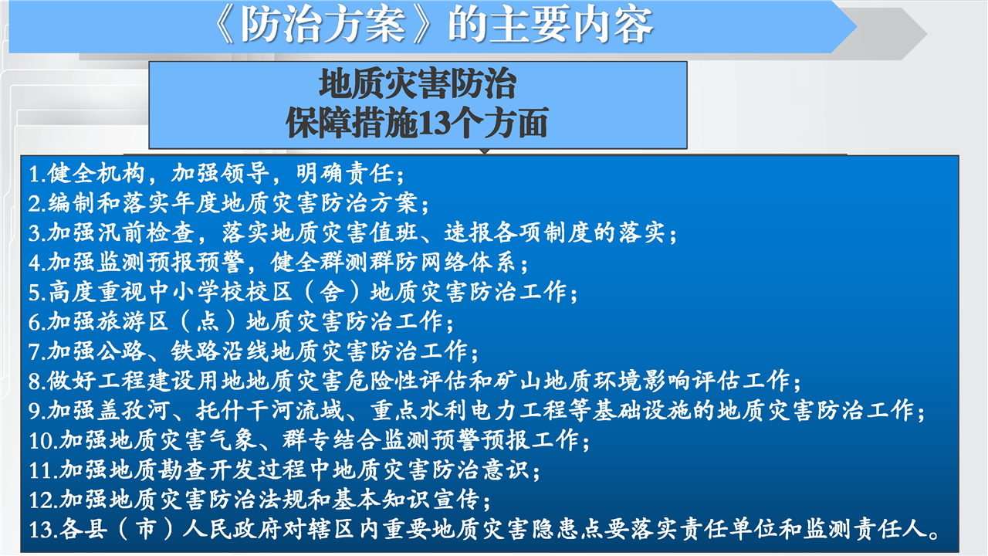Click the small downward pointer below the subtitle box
(x=484, y=151)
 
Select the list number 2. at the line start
(x=38, y=203)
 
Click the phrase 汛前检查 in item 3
(x=146, y=232)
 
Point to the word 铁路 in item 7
(x=195, y=351)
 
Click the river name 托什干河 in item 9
(x=245, y=410)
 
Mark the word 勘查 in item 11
(x=183, y=470)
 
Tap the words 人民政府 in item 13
(x=232, y=529)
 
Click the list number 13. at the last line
(x=43, y=530)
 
